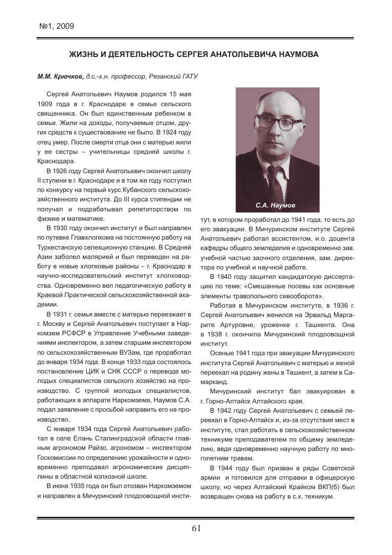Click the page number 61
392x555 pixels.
click(196, 528)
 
